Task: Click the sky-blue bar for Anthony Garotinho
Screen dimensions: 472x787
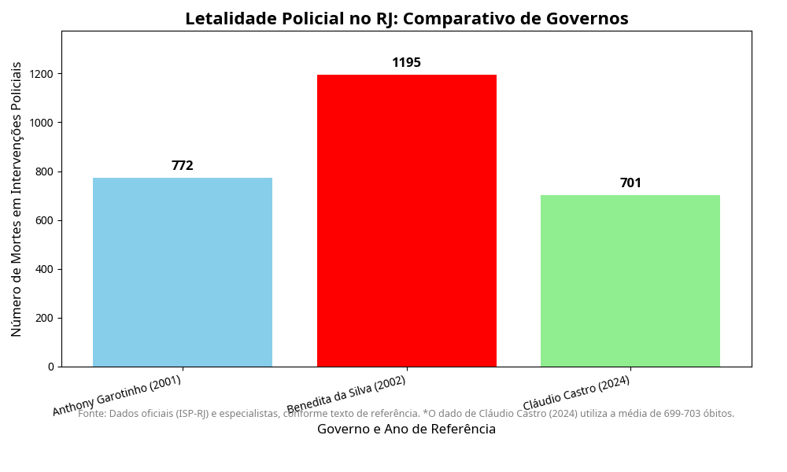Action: [x=183, y=272]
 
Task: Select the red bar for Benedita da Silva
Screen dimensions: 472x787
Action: [x=407, y=220]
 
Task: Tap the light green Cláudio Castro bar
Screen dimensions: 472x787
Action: [x=630, y=281]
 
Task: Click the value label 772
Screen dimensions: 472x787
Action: [x=183, y=166]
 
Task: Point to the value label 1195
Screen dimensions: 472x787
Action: [x=407, y=63]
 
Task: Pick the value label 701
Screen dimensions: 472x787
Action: [x=630, y=183]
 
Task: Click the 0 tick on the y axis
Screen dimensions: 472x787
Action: [x=50, y=367]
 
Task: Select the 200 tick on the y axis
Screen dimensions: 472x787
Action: [x=45, y=318]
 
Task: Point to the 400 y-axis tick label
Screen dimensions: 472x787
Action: [x=45, y=269]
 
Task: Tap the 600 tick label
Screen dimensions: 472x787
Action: [x=45, y=220]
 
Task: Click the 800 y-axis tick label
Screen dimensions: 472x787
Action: [x=45, y=171]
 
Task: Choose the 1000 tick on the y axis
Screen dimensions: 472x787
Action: [x=42, y=123]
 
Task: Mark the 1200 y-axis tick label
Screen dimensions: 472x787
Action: [x=42, y=74]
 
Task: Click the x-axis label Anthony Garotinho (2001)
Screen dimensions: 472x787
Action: [x=117, y=395]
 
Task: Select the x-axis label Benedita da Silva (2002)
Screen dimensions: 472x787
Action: [x=346, y=394]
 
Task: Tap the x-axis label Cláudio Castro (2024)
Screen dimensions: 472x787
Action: [x=577, y=393]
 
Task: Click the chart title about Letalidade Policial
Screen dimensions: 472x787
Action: [x=407, y=19]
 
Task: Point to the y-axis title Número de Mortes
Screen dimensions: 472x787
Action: [x=17, y=199]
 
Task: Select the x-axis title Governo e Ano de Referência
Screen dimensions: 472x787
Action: [x=407, y=430]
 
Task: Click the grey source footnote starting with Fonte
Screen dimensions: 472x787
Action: [x=407, y=414]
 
